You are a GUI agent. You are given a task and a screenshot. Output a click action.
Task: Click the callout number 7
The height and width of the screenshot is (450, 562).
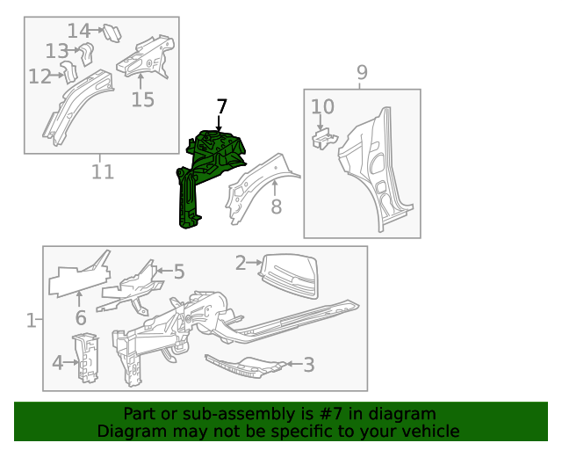pyautogui.click(x=221, y=106)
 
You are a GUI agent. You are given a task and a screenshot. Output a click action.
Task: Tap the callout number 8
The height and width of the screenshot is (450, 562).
pyautogui.click(x=276, y=207)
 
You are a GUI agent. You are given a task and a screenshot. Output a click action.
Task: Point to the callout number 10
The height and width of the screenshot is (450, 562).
pyautogui.click(x=322, y=107)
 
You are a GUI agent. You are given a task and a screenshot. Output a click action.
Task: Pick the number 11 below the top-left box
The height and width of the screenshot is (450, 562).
pyautogui.click(x=103, y=171)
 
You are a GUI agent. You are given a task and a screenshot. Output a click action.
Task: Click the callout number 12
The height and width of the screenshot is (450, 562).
pyautogui.click(x=40, y=77)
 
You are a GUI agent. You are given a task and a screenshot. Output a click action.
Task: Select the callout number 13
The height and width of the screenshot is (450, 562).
pyautogui.click(x=57, y=51)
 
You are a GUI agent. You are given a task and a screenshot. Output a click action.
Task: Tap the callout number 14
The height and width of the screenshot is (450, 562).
pyautogui.click(x=79, y=31)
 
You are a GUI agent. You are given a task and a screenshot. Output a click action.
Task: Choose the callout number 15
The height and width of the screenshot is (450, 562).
pyautogui.click(x=142, y=99)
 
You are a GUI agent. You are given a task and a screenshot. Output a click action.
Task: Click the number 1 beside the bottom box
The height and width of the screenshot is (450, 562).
pyautogui.click(x=32, y=321)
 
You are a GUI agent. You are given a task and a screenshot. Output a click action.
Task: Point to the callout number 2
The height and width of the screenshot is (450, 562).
pyautogui.click(x=241, y=262)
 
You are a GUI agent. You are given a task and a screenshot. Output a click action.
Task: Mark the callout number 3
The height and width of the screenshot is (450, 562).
pyautogui.click(x=308, y=363)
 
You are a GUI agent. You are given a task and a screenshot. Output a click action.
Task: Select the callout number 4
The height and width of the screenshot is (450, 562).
pyautogui.click(x=57, y=362)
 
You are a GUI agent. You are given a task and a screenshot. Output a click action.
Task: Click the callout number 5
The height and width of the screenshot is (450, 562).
pyautogui.click(x=179, y=272)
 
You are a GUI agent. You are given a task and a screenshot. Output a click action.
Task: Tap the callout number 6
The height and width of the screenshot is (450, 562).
pyautogui.click(x=80, y=318)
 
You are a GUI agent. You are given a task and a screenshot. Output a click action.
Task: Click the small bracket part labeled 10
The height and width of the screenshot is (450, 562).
pyautogui.click(x=324, y=138)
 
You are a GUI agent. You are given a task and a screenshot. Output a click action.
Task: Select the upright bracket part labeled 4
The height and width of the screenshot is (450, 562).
pyautogui.click(x=88, y=359)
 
